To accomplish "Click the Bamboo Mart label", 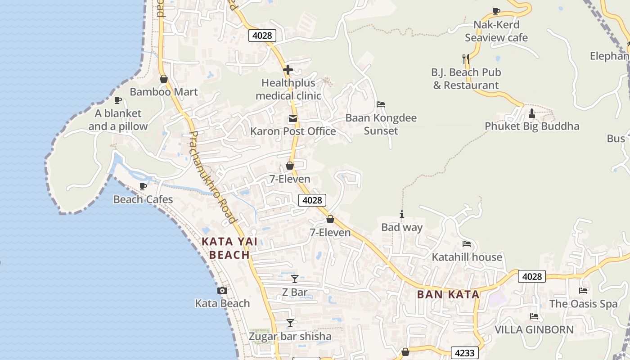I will point(164,92).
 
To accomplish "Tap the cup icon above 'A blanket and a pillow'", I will point(118,100).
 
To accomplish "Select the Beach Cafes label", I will point(143,199).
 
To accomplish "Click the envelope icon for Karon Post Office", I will point(293,119).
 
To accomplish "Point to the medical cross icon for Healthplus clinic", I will point(288,70).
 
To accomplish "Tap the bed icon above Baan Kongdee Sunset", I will point(381,104).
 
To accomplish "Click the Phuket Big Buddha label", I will point(532,126).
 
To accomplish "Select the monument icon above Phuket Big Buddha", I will point(531,112).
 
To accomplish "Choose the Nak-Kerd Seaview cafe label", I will point(496,31).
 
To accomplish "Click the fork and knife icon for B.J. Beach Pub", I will point(466,58).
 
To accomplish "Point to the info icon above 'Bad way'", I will point(402,215).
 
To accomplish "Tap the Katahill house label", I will point(467,257).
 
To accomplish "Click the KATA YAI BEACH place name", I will point(229,248).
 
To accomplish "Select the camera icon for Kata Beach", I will point(222,291).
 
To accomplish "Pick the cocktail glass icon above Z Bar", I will point(295,279).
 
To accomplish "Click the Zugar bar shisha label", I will point(290,337).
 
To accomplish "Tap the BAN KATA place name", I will point(448,295).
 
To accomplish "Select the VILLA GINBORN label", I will point(534,330).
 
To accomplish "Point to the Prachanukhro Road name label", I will point(212,178).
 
